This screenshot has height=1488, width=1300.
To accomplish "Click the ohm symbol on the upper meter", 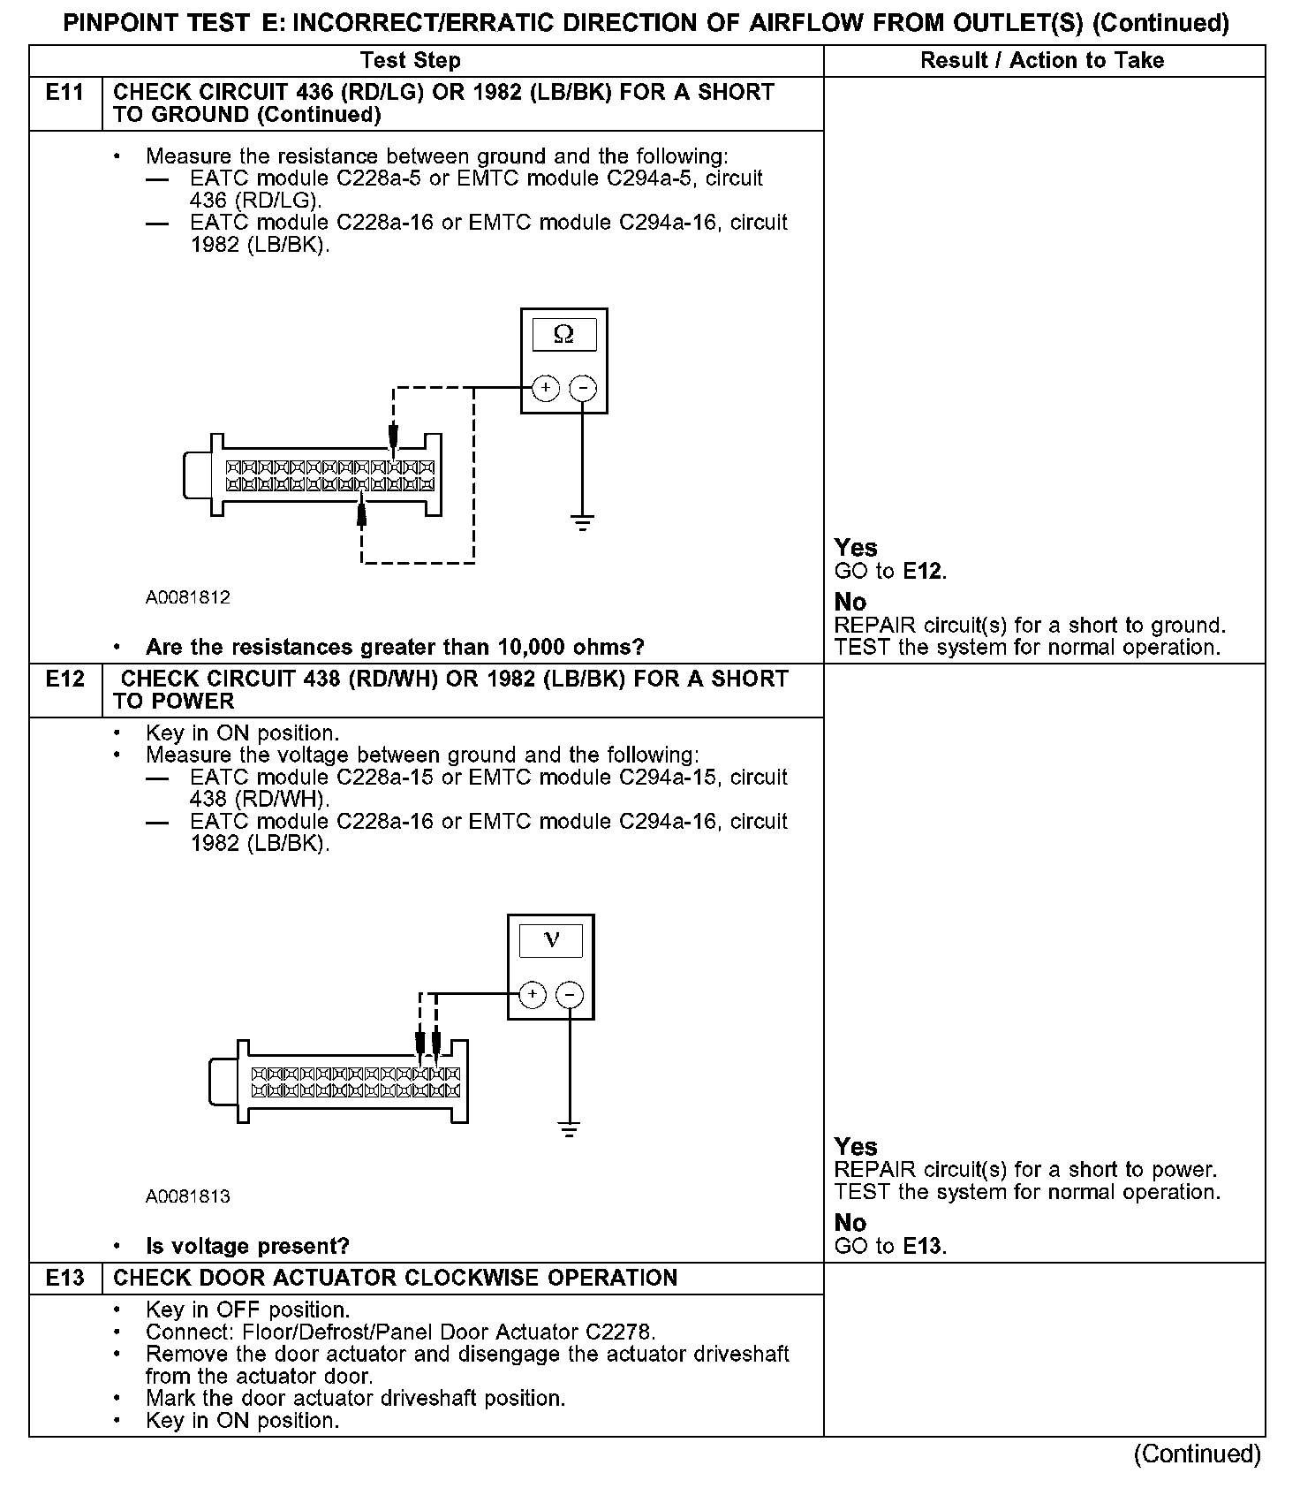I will (563, 335).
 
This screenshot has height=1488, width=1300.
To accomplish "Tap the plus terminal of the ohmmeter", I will (546, 388).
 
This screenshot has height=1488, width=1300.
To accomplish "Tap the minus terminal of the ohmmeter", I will (582, 388).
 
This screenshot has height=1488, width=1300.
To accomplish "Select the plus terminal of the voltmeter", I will (532, 995).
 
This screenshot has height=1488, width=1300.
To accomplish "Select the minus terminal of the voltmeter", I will (570, 995).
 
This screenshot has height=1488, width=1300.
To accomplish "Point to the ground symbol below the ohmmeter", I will (582, 523).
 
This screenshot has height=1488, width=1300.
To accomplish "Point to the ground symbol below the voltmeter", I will (570, 1129).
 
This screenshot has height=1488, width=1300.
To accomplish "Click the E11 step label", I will (64, 93).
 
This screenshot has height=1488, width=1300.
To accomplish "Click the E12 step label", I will (64, 679).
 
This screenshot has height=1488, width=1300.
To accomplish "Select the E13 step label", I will (64, 1278).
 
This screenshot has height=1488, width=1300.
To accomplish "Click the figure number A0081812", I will (188, 597).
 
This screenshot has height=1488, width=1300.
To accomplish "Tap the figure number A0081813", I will (188, 1196).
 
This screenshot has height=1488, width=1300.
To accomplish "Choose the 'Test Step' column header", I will (411, 61).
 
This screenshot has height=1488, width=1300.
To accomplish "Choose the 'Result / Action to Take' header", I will (1042, 61).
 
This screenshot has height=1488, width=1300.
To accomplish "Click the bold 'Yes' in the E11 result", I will (856, 548).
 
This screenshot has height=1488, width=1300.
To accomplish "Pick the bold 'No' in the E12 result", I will (850, 1223).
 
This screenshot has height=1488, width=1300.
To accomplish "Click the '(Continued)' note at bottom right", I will (1197, 1454).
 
